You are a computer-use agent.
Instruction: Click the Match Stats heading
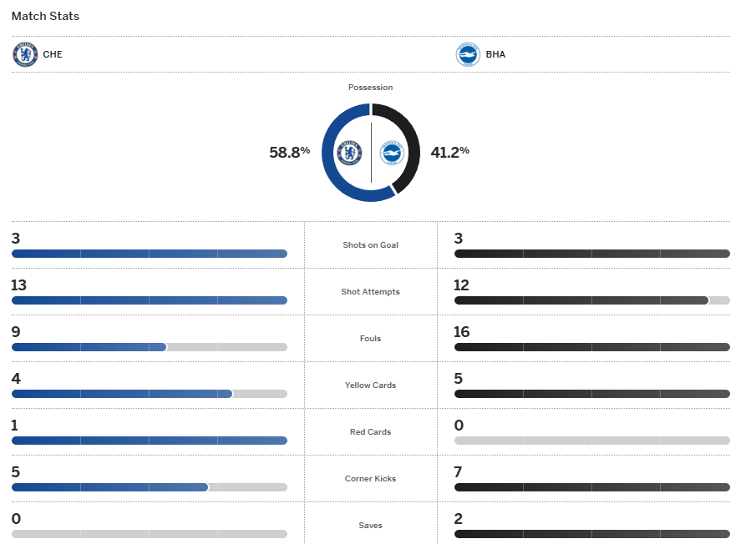(x=45, y=16)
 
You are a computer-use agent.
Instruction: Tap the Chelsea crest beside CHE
(x=25, y=55)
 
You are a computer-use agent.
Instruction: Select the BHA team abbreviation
(x=495, y=55)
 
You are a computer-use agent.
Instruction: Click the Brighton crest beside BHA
(x=468, y=55)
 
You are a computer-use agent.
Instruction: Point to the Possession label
(x=370, y=88)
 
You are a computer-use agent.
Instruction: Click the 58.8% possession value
(x=289, y=152)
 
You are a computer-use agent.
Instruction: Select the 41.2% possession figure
(x=449, y=152)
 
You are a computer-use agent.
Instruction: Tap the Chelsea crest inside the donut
(x=349, y=153)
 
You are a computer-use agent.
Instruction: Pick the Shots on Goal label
(x=370, y=245)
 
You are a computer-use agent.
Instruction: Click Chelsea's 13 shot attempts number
(x=19, y=285)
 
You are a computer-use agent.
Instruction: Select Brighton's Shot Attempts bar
(x=581, y=300)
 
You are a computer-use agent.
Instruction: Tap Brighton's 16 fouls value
(x=462, y=332)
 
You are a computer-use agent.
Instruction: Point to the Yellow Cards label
(x=370, y=385)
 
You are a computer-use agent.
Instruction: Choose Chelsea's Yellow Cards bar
(x=122, y=394)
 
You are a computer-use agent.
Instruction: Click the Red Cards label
(x=370, y=432)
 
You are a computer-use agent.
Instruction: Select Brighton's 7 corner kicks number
(x=458, y=472)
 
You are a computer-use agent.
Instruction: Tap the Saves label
(x=370, y=526)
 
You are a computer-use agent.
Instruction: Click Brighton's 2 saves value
(x=458, y=519)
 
